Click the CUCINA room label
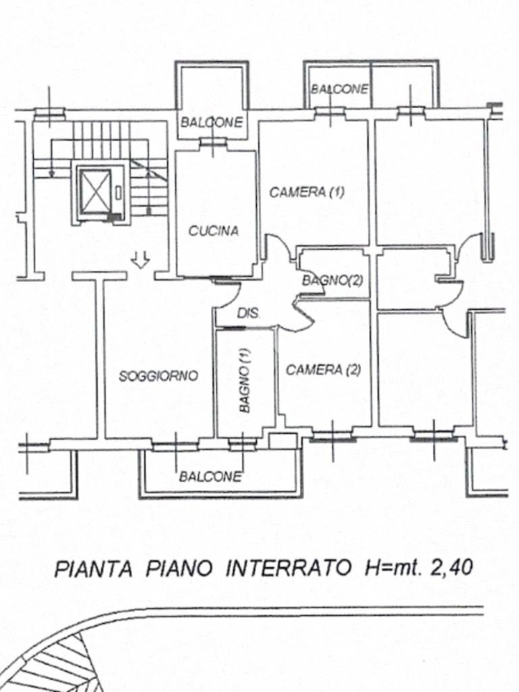pyautogui.click(x=214, y=231)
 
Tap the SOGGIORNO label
pyautogui.click(x=158, y=376)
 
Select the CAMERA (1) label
pyautogui.click(x=307, y=192)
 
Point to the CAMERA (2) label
pyautogui.click(x=323, y=370)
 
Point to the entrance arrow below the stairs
pyautogui.click(x=140, y=259)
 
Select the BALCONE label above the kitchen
pyautogui.click(x=211, y=123)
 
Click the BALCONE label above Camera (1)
pyautogui.click(x=340, y=89)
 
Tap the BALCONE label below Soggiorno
pyautogui.click(x=210, y=476)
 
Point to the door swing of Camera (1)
pyautogui.click(x=278, y=249)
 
